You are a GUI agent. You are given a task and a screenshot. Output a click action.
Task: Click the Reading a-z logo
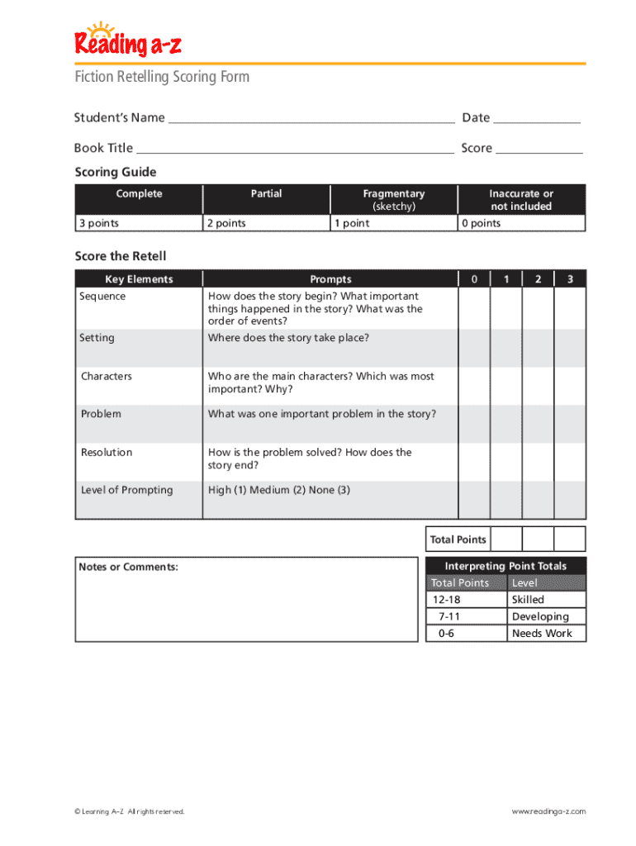127,41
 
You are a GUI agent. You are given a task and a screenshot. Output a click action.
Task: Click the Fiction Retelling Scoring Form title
162,77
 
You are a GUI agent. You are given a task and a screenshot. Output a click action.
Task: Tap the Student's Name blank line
311,118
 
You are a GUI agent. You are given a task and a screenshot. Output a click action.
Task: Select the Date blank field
537,118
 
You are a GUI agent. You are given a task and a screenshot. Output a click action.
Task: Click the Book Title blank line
295,149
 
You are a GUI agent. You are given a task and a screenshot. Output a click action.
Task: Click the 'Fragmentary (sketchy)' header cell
393,200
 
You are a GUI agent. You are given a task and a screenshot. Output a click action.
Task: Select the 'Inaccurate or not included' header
521,200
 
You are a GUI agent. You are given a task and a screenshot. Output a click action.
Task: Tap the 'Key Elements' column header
139,279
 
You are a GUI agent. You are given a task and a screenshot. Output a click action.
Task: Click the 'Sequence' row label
102,297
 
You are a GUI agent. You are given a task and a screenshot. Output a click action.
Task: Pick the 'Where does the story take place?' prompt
288,338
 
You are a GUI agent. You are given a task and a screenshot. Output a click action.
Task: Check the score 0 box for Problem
474,424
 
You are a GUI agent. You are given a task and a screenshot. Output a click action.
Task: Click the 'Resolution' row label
107,452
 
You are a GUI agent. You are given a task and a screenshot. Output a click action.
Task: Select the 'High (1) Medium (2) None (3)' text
279,490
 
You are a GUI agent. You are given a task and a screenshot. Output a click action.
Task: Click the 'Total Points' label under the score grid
458,539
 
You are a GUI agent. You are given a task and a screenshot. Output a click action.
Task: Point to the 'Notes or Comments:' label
128,567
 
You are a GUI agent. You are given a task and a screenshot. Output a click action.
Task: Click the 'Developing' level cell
540,616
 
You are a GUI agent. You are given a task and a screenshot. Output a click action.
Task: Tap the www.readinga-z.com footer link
548,811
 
